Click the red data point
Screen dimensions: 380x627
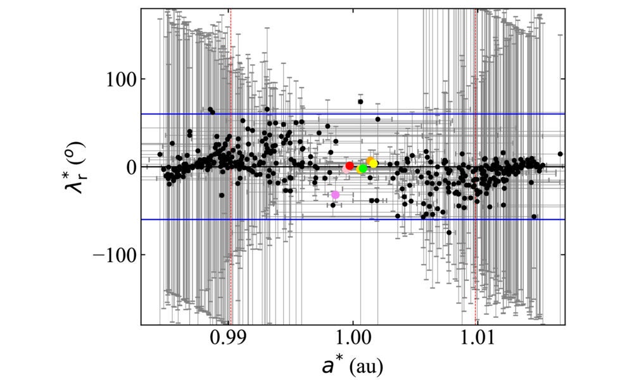coord(349,166)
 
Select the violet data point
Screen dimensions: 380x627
coord(335,195)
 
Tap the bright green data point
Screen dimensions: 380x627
coord(363,168)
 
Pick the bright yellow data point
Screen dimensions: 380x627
coord(374,164)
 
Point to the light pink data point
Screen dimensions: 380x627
coord(346,169)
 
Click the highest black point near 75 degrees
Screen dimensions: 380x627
coord(360,102)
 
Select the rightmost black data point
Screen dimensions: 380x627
coord(560,154)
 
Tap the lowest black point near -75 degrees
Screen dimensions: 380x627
coord(449,232)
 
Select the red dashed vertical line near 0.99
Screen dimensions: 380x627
coord(231,285)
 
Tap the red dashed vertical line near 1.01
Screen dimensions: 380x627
coord(476,285)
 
